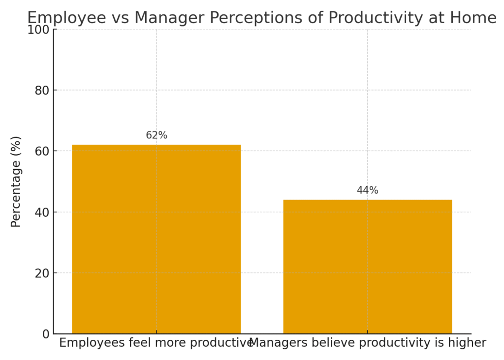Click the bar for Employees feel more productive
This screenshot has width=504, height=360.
point(156,239)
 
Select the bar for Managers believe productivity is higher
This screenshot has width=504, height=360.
point(367,267)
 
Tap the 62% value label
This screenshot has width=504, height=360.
point(157,135)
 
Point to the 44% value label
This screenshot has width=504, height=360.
point(367,190)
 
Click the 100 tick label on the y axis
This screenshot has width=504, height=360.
point(38,30)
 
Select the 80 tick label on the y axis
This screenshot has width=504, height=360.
point(42,91)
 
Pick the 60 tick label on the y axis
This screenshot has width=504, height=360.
point(42,151)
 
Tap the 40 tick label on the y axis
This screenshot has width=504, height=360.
point(42,212)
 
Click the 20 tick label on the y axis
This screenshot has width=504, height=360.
point(42,273)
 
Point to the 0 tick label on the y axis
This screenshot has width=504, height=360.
point(46,334)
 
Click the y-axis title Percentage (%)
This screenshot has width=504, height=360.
point(15,182)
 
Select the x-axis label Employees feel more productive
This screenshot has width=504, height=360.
point(156,343)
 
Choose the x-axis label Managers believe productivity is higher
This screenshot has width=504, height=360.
point(367,343)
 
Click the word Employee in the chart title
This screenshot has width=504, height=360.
point(66,18)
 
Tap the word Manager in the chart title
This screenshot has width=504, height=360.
point(169,18)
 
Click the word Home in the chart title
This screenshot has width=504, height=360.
point(473,18)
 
